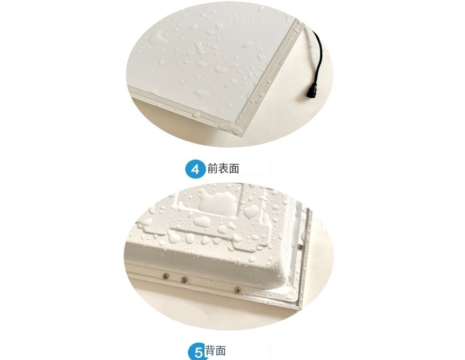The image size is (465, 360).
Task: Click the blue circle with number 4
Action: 195,169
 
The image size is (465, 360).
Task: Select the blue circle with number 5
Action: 197,352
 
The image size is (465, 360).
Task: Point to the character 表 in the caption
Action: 223,169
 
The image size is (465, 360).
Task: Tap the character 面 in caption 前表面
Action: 234,169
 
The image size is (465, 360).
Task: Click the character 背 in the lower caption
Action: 211,351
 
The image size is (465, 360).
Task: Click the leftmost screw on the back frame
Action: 165,275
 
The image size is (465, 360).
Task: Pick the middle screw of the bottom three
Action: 184,279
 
